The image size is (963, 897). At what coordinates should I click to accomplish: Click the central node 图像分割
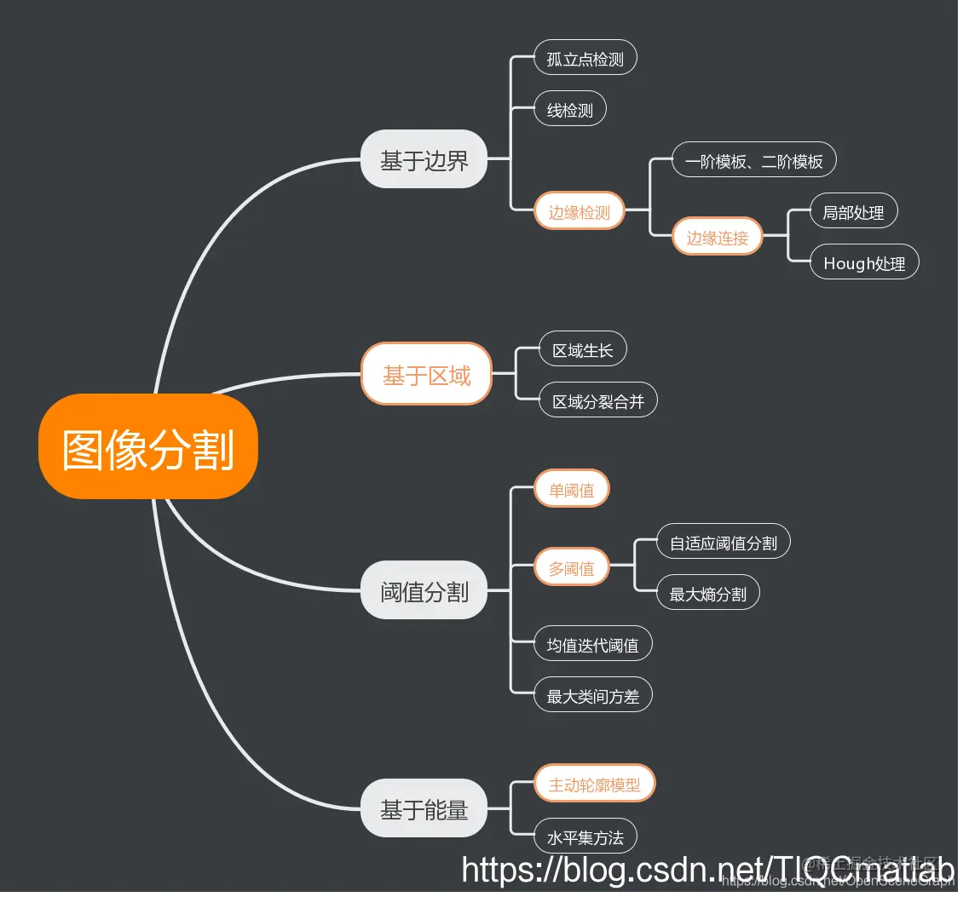[x=148, y=447]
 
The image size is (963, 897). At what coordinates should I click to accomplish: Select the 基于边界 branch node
[x=424, y=159]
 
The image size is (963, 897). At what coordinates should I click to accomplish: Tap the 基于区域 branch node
[x=426, y=374]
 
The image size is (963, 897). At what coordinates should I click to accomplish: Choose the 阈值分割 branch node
[x=424, y=590]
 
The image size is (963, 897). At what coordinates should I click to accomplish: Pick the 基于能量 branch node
[x=424, y=808]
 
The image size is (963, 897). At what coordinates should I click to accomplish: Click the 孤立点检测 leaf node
[x=585, y=59]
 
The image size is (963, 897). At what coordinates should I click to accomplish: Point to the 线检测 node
[x=570, y=110]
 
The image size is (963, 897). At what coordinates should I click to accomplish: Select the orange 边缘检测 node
[x=580, y=211]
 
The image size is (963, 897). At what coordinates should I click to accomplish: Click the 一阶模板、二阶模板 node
[x=754, y=160]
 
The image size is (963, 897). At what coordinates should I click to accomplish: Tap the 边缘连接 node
[x=718, y=237]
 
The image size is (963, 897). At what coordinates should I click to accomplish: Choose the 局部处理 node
[x=853, y=211]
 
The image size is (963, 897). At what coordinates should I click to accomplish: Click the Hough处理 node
[x=864, y=262]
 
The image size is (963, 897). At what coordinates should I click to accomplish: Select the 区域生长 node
[x=583, y=349]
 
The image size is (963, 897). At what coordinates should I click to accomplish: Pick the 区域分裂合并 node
[x=598, y=400]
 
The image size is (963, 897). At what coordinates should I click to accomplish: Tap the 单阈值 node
[x=572, y=490]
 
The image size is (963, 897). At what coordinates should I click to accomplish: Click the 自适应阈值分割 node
[x=724, y=542]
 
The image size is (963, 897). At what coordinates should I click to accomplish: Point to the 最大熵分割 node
[x=708, y=593]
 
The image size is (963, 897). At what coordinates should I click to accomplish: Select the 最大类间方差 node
[x=593, y=695]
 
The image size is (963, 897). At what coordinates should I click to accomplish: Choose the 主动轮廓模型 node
[x=595, y=784]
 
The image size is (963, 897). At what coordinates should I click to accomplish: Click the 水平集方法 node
[x=585, y=836]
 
